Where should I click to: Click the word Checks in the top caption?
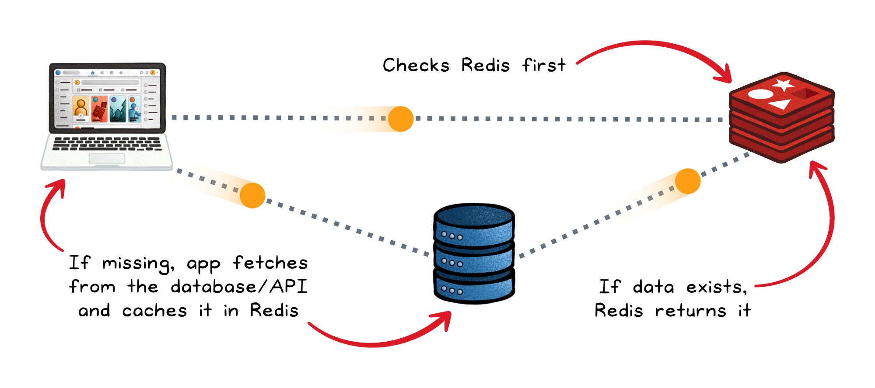tap(416, 65)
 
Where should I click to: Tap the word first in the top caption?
tap(544, 65)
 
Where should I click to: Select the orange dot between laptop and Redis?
tap(401, 119)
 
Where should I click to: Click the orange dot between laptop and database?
tap(252, 195)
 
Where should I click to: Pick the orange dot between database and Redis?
tap(688, 181)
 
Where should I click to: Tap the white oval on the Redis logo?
tap(761, 94)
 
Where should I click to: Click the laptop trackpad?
tap(107, 158)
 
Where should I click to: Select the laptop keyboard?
tap(107, 144)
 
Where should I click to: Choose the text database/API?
tap(239, 287)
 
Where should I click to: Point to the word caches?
tap(154, 311)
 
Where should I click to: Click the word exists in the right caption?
tap(716, 287)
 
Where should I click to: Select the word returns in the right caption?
tap(690, 311)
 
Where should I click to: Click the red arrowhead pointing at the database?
tap(442, 320)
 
